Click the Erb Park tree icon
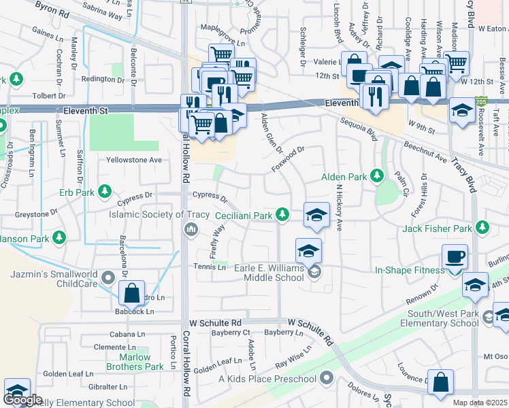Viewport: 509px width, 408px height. pos(104,191)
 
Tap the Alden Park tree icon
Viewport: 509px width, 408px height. pos(377,177)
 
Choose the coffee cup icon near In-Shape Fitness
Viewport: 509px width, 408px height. pos(455,257)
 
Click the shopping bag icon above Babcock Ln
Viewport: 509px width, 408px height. pos(132,294)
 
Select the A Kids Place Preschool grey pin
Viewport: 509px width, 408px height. pos(327,377)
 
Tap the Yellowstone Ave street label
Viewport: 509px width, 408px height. pos(134,160)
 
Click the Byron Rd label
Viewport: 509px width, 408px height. pos(52,9)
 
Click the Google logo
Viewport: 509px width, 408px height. pos(22,400)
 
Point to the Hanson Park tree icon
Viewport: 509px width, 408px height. pos(60,238)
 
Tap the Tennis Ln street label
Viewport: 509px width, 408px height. pos(210,267)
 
